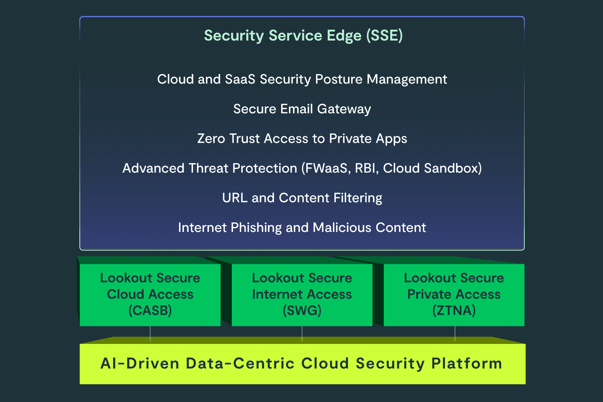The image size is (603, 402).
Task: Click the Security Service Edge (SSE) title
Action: (303, 36)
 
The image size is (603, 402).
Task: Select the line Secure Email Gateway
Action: (302, 109)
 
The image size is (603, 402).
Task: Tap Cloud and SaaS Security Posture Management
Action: (302, 79)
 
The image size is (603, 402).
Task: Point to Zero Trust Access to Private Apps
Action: (302, 139)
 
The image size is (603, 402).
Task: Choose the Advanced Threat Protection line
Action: (302, 168)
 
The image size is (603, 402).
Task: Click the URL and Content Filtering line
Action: (302, 198)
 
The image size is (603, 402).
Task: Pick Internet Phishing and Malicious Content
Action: (302, 227)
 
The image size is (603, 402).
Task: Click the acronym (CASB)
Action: (150, 311)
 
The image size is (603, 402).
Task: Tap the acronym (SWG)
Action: (302, 311)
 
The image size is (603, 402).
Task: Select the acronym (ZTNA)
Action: (454, 311)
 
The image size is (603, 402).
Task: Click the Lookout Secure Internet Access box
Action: (302, 295)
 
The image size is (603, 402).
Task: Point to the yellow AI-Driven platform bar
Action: (302, 364)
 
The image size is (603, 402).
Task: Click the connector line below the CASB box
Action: (150, 333)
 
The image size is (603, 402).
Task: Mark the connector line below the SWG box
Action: (302, 333)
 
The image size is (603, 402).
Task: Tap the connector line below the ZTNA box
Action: (455, 333)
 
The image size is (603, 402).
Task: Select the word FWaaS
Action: (326, 168)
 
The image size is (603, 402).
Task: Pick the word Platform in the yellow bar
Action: (467, 364)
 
